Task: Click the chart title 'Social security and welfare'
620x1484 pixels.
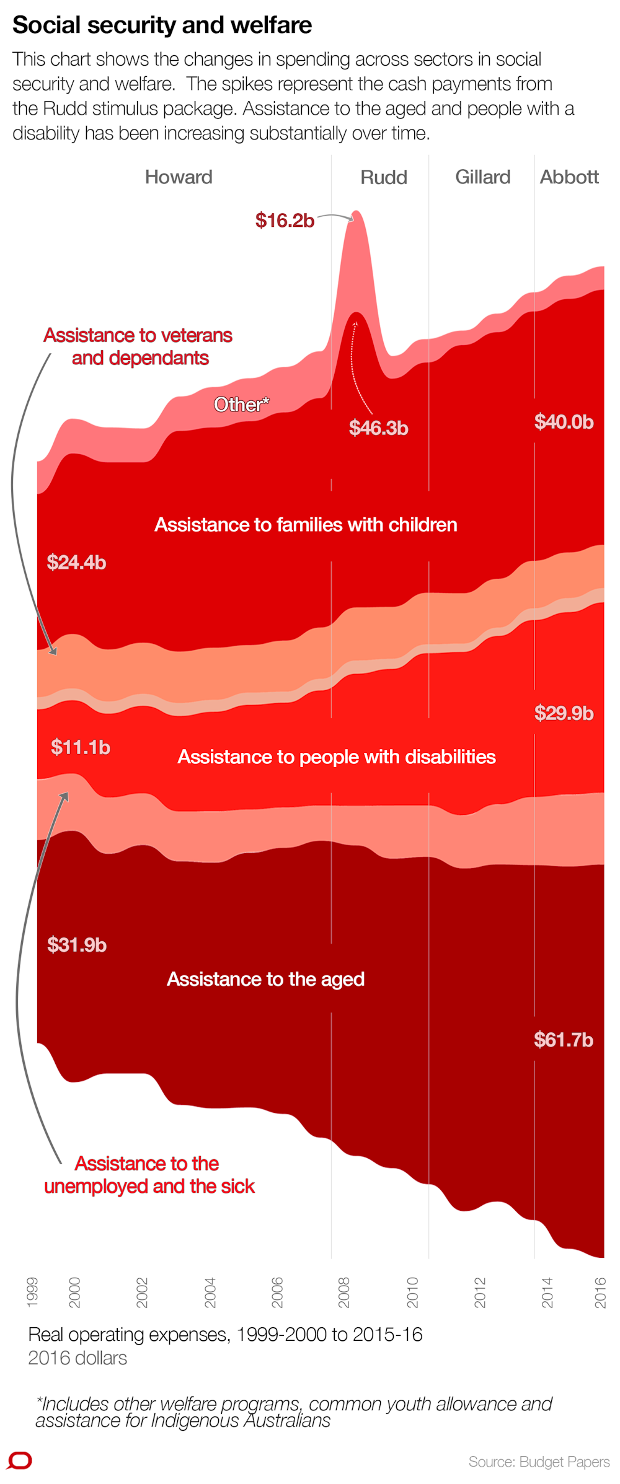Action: pyautogui.click(x=162, y=25)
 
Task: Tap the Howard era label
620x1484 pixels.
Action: pyautogui.click(x=179, y=177)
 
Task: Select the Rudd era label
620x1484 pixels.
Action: pyautogui.click(x=384, y=178)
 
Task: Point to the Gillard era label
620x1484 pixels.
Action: pyautogui.click(x=482, y=177)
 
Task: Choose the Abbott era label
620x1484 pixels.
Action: pyautogui.click(x=569, y=177)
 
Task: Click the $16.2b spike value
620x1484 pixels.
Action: pyautogui.click(x=285, y=221)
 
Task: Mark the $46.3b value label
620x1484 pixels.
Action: pyautogui.click(x=378, y=428)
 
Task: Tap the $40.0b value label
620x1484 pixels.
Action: pyautogui.click(x=564, y=422)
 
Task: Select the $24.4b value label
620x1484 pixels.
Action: pyautogui.click(x=76, y=563)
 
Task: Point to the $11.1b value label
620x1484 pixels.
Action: pyautogui.click(x=81, y=747)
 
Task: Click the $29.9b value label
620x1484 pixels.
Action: pyautogui.click(x=564, y=713)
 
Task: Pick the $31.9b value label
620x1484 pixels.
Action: pyautogui.click(x=77, y=945)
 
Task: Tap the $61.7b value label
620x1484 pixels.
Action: pyautogui.click(x=564, y=1040)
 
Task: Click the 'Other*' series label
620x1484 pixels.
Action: pyautogui.click(x=241, y=405)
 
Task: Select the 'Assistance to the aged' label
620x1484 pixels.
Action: pyautogui.click(x=265, y=979)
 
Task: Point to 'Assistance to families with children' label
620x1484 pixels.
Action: pyautogui.click(x=306, y=525)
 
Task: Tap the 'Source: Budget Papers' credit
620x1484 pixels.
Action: pyautogui.click(x=539, y=1462)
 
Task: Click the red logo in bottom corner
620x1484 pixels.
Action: pyautogui.click(x=19, y=1460)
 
